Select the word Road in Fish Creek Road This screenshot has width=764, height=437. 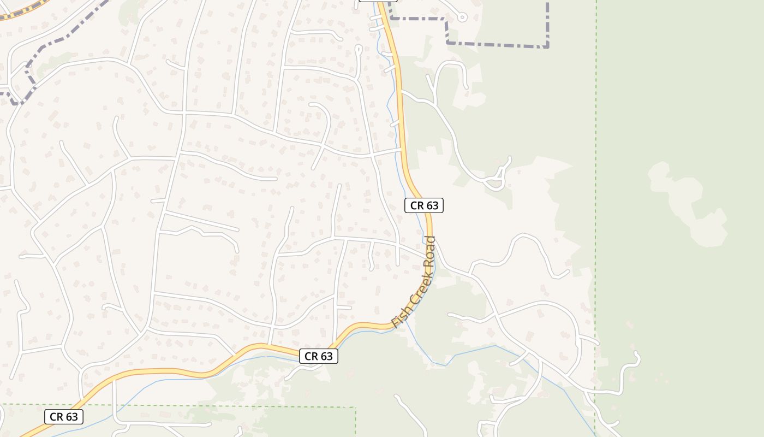pos(430,252)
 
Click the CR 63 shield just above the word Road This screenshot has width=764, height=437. pos(424,205)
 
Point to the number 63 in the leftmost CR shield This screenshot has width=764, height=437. pos(71,417)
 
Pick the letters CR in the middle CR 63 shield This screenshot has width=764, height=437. pos(311,356)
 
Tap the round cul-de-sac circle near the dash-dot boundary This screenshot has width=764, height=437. pos(462,17)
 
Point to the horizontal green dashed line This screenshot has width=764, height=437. pos(218,406)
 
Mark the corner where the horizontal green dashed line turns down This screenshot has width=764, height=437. pos(355,408)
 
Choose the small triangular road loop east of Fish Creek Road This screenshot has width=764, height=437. pos(498,180)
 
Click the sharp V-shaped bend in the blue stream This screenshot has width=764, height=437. pos(446,364)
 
